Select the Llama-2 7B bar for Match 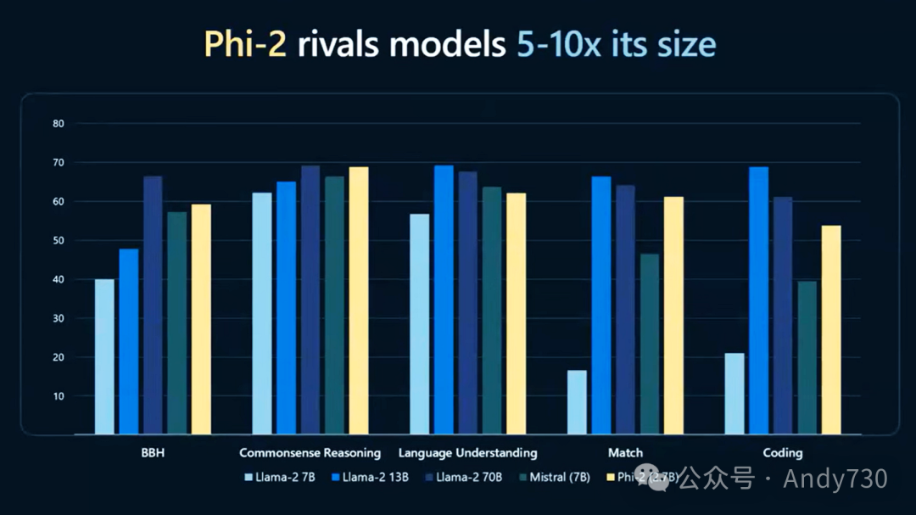pos(577,402)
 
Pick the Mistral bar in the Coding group pos(807,357)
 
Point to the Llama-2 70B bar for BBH pos(153,305)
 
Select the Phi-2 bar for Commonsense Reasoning pos(359,300)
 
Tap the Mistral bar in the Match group pos(650,344)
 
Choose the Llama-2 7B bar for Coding pos(734,394)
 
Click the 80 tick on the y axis pos(59,124)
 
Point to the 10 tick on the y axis pos(59,396)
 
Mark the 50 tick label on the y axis pos(59,241)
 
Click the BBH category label pos(153,453)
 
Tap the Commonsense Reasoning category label pos(310,453)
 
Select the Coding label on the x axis pos(782,453)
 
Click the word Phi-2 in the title pos(246,44)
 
